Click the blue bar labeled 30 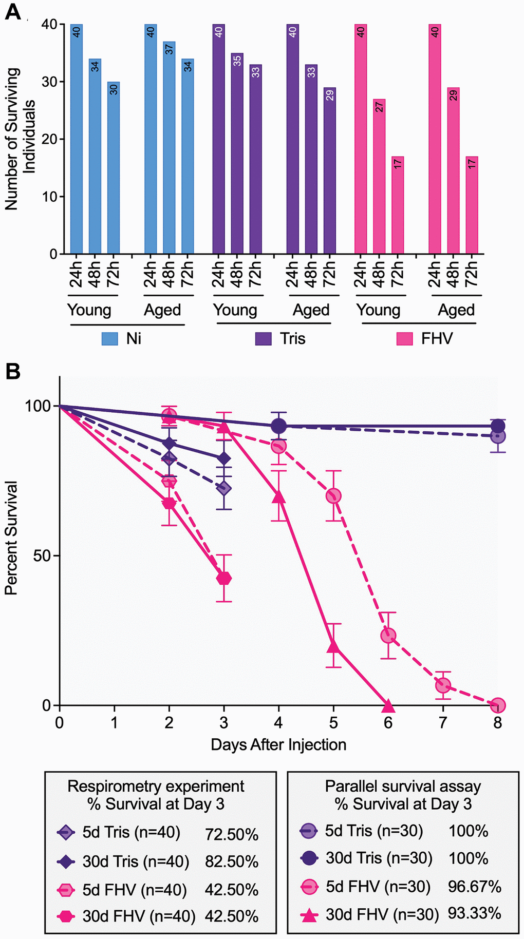pos(114,168)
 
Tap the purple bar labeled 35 pos(237,154)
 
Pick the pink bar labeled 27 pos(379,177)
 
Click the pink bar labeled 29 pos(453,170)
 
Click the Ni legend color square pos(110,339)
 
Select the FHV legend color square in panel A pos(405,339)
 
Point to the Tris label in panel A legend pos(292,339)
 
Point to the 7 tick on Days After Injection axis pos(443,723)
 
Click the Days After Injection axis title pos(278,744)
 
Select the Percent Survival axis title pos(11,538)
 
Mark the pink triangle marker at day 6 pos(388,704)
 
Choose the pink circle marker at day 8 pos(497,705)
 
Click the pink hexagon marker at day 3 pos(224,578)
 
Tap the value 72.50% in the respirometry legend pos(232,834)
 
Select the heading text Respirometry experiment pos(156,787)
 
